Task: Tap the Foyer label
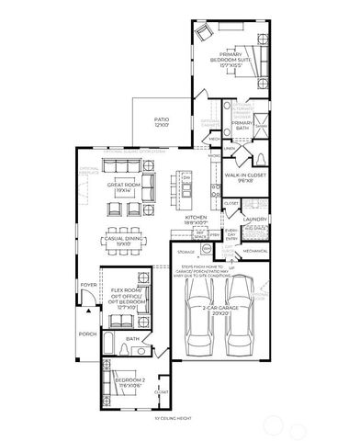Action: click(88, 285)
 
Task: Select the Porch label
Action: click(87, 334)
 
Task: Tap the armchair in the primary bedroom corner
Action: click(205, 32)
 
